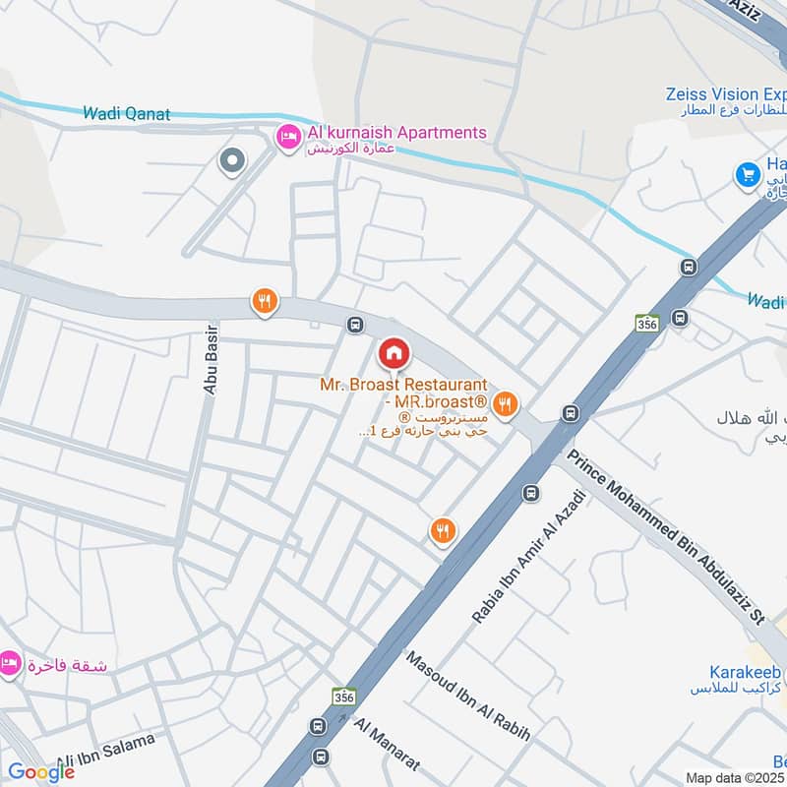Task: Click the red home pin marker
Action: point(393,353)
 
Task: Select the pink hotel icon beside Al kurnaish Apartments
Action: point(288,138)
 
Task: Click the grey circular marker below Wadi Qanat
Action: point(232,159)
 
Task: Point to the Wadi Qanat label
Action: point(127,114)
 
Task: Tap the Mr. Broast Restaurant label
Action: point(403,385)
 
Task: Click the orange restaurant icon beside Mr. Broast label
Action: point(506,401)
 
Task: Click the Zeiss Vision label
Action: point(725,94)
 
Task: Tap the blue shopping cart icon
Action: point(749,175)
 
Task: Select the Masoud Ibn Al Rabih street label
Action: point(467,697)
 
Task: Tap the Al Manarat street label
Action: point(387,743)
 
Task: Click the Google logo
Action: point(41,772)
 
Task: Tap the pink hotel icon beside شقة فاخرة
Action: point(10,664)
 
